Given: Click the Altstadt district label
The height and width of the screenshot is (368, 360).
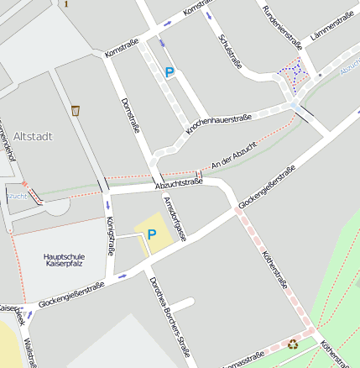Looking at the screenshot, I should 33,134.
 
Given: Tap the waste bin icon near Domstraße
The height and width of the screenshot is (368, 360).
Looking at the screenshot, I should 76,110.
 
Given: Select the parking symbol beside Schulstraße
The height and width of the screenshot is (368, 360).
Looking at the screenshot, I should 170,73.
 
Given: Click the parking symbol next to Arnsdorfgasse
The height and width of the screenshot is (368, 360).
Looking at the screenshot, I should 152,234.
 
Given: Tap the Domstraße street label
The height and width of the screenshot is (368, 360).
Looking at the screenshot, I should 130,114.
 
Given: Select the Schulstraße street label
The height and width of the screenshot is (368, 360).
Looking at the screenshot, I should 229,50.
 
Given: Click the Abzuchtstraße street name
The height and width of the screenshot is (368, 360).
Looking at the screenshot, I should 179,183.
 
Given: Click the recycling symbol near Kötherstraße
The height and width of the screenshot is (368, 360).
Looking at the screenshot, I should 293,343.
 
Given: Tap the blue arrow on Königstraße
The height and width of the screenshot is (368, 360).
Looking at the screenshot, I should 107,204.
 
